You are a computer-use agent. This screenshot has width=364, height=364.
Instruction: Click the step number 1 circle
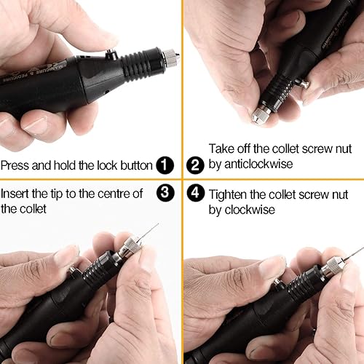[165, 165]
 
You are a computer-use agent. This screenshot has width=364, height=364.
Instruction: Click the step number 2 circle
[194, 165]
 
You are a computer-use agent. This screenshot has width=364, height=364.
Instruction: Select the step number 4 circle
[194, 194]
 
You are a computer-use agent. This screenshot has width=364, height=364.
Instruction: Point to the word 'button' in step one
[135, 165]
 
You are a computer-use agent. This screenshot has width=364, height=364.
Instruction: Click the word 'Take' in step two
[221, 149]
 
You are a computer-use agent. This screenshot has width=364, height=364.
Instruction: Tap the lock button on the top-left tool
[111, 54]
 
